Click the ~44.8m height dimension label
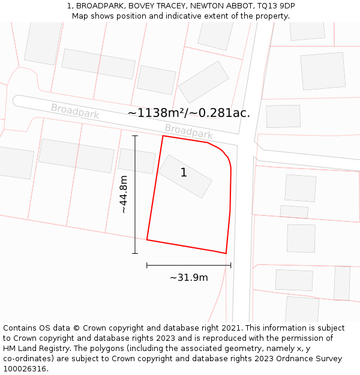pos(124,194)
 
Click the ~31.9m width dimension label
pos(188,277)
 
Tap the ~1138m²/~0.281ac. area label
pos(188,113)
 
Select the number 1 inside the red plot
pos(184,173)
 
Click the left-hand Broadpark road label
pos(75,111)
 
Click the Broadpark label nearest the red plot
pos(188,131)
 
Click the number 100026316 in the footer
pos(25,368)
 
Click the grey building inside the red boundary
pos(185,176)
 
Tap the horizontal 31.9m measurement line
pos(188,265)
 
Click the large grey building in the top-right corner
pos(323,71)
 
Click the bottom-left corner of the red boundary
pos(147,240)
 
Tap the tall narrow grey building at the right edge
pos(342,283)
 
